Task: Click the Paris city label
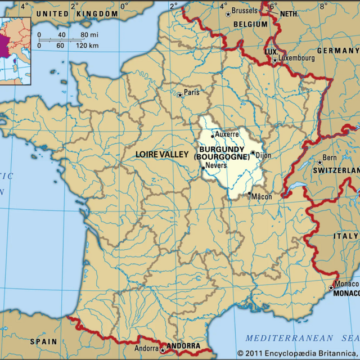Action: [191, 92]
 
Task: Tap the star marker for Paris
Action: [180, 95]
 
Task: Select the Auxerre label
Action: [227, 134]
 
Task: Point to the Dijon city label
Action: [263, 154]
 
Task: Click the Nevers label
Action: [216, 165]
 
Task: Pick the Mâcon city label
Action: [262, 197]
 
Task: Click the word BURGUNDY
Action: [222, 150]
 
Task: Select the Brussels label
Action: [244, 11]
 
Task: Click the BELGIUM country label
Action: [250, 24]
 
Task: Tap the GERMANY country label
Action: [337, 50]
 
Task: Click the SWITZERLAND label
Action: [336, 170]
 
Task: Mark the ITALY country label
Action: [346, 236]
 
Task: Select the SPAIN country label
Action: [43, 341]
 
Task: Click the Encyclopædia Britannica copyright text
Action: [298, 353]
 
